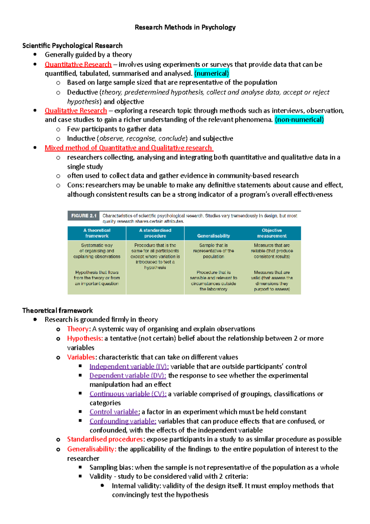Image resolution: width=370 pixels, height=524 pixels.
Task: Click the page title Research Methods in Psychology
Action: click(185, 27)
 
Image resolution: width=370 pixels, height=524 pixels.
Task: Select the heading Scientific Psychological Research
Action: click(72, 46)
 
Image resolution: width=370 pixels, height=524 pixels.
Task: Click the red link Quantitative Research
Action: click(78, 64)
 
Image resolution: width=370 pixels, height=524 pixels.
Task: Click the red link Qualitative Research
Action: click(76, 111)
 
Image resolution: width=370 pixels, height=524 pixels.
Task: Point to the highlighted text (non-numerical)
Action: click(299, 120)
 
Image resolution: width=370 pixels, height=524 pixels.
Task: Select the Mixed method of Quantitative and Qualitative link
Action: click(129, 148)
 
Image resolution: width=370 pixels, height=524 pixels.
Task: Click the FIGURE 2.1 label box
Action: click(84, 216)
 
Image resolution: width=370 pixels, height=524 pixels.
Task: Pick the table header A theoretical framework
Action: click(97, 233)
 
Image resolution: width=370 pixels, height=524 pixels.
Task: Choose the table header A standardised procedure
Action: click(155, 233)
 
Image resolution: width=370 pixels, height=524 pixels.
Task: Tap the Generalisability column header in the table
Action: click(213, 236)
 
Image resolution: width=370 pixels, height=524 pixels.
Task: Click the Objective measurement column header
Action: click(272, 233)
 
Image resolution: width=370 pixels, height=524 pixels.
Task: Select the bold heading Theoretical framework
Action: click(58, 310)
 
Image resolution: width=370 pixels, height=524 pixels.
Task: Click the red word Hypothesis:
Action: click(85, 339)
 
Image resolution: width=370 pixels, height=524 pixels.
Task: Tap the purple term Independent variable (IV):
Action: click(129, 367)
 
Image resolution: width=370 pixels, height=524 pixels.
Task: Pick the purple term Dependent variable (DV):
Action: click(128, 376)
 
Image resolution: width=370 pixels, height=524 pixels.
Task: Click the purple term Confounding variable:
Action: click(123, 421)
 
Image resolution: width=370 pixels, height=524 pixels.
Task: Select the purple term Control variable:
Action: click(115, 412)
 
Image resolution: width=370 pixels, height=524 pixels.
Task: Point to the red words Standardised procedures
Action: click(105, 439)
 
